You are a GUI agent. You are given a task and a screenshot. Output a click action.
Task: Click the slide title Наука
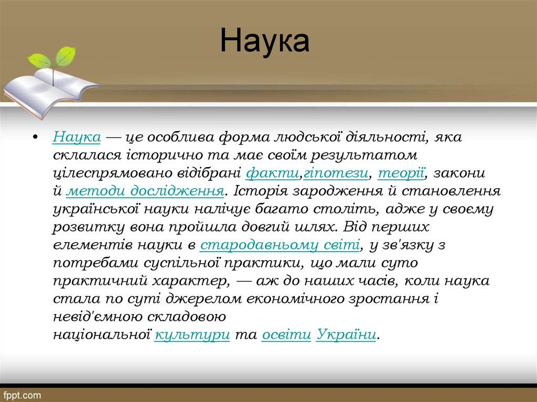click(x=264, y=41)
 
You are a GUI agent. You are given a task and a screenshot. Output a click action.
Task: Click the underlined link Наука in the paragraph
click(x=77, y=137)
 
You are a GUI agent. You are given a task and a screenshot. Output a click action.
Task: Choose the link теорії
click(x=401, y=173)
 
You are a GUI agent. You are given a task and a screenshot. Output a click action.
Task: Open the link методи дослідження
click(x=145, y=191)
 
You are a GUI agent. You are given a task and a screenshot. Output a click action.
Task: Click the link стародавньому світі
click(x=280, y=245)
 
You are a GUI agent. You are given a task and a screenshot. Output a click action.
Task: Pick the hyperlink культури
click(x=192, y=334)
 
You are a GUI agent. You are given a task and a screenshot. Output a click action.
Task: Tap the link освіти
click(x=286, y=334)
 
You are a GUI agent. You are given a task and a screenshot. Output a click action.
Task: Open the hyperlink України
click(x=347, y=334)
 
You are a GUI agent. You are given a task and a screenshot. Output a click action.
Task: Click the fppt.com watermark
click(x=22, y=394)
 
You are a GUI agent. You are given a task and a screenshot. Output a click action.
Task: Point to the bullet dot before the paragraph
click(x=35, y=138)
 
